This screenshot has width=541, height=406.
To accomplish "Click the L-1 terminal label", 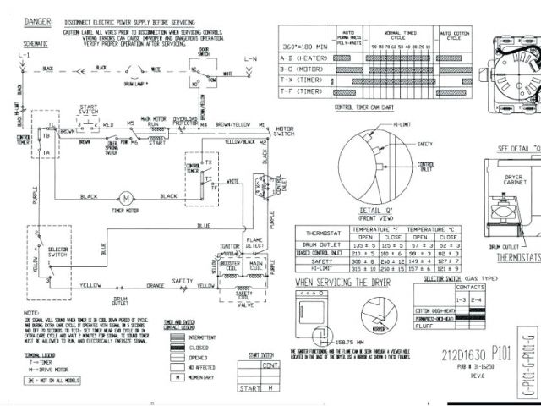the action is click(25, 54).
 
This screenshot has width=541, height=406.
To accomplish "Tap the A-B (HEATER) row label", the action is click(303, 58).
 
